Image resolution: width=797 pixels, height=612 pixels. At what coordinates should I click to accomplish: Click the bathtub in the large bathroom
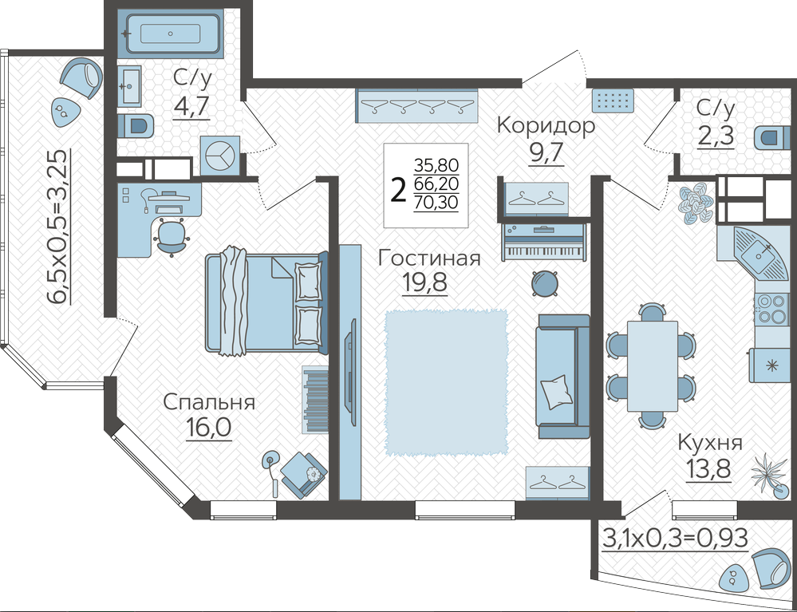coord(170,34)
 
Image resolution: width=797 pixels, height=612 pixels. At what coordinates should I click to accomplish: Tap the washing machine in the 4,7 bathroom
coord(220,156)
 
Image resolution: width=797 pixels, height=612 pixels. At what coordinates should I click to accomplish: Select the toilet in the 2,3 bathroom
coord(772,137)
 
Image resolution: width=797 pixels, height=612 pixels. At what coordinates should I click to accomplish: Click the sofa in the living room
coord(562,376)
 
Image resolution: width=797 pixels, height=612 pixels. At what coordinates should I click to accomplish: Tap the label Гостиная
coord(429,259)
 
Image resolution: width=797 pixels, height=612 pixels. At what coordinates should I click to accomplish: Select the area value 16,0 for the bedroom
coord(208,428)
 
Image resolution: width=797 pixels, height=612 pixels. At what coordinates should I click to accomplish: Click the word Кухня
coord(710,444)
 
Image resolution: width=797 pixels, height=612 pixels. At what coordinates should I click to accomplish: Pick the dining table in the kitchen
coord(652,366)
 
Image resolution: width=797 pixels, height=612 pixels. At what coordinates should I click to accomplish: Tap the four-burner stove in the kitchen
coord(772,309)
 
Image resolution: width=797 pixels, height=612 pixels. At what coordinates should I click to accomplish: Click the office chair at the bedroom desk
coord(172,236)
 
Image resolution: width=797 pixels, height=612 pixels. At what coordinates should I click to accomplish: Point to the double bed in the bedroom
coord(266,301)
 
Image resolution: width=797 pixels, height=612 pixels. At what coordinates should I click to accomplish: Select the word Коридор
coord(546,125)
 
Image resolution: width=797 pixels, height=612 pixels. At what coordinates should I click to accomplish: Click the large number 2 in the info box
coord(399,191)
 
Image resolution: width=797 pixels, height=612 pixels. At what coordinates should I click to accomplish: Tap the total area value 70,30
coord(436,203)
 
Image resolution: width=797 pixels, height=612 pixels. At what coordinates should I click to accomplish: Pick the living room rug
coord(446,381)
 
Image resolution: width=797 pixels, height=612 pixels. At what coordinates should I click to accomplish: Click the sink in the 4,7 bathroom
coord(130,86)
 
